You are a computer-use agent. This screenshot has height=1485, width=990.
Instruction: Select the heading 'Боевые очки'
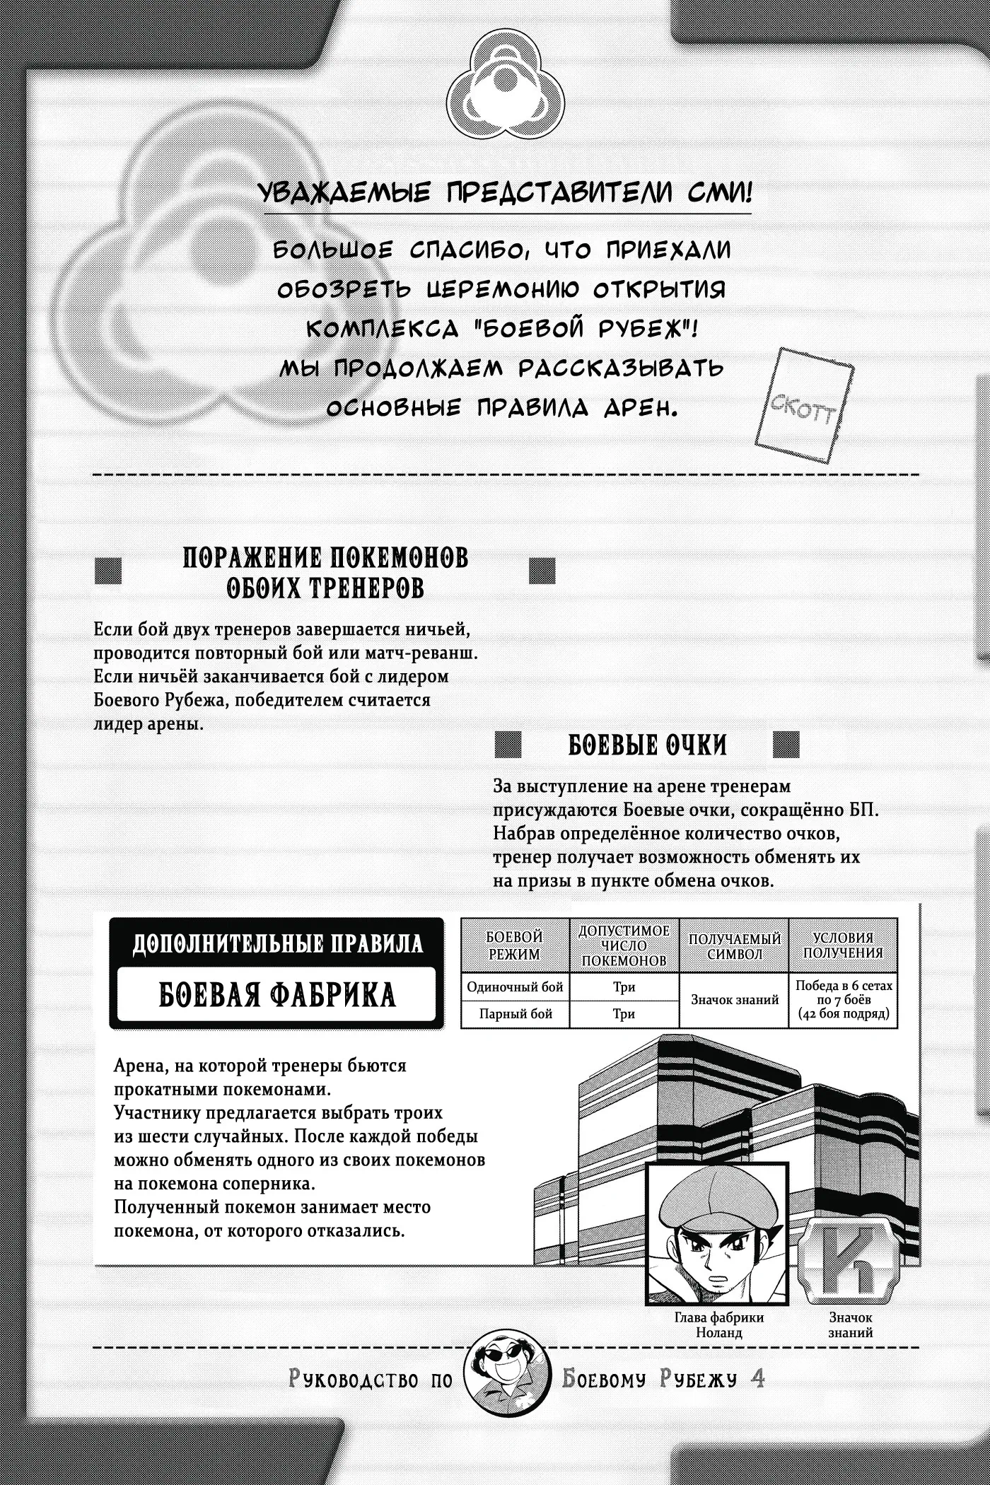click(647, 745)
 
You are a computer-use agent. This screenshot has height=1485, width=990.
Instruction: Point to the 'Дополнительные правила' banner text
click(277, 943)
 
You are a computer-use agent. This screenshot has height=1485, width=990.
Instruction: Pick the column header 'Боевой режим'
click(515, 945)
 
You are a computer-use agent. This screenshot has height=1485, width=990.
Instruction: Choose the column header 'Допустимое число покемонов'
click(623, 945)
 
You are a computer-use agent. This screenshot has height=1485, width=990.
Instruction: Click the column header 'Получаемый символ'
click(734, 945)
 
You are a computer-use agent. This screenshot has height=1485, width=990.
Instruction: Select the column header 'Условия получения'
click(843, 945)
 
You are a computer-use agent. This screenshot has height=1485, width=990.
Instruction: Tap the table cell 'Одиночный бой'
click(515, 987)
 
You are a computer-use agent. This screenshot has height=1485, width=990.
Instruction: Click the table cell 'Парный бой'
click(515, 1014)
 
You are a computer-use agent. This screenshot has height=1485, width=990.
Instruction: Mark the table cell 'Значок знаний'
click(734, 1000)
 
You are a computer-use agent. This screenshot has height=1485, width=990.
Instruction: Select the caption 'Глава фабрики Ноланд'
click(718, 1325)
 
